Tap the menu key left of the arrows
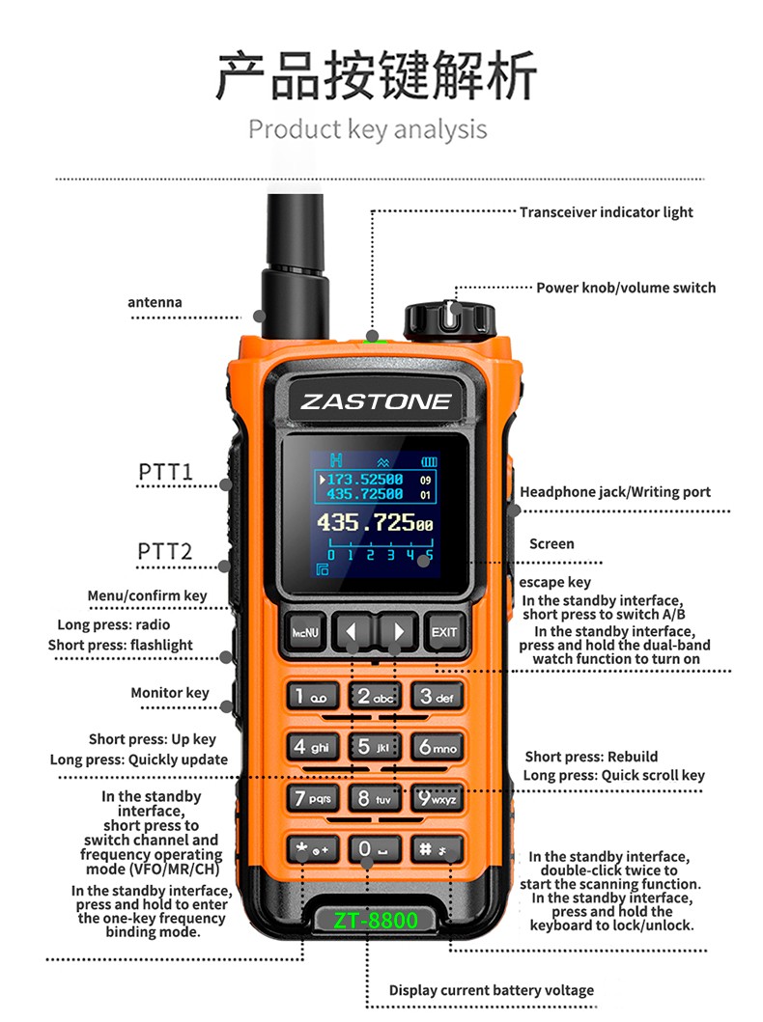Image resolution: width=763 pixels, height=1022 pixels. [304, 631]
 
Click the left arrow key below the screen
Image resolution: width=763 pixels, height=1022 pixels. [353, 631]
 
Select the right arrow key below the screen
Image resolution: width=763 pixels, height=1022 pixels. [398, 631]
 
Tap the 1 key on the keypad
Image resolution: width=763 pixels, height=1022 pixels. [312, 697]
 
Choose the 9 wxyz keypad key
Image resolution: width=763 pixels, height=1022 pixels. [438, 798]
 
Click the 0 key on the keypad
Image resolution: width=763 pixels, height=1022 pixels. [375, 849]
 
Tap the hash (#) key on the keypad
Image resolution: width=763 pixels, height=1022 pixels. [437, 849]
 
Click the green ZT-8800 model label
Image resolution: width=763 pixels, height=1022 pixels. [375, 920]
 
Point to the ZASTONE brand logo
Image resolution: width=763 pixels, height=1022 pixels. [376, 401]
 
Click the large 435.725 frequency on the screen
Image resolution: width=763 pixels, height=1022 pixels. [375, 523]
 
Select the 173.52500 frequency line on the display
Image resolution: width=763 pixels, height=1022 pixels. [365, 480]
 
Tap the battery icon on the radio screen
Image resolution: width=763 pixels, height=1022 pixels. [429, 462]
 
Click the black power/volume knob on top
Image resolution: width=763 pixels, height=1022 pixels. [450, 319]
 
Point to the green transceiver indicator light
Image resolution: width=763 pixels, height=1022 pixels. [373, 338]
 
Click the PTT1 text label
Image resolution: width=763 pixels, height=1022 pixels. [166, 471]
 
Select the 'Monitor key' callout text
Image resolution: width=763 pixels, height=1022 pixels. [170, 693]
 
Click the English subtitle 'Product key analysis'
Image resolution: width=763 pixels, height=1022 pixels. [368, 129]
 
